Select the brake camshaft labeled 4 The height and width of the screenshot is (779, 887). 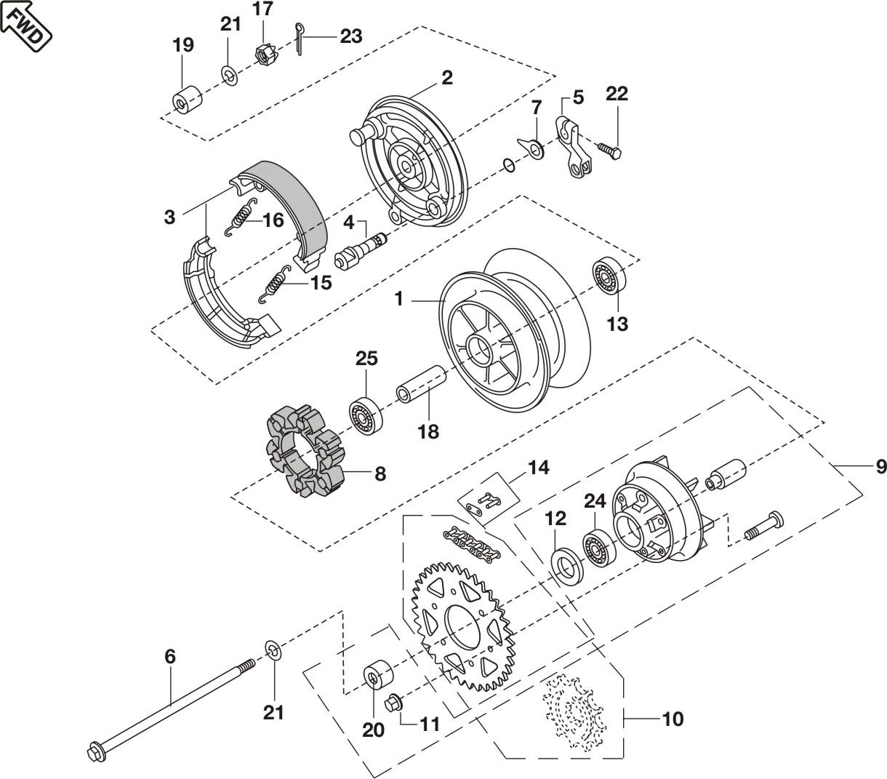[363, 247]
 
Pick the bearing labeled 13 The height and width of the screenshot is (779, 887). [607, 276]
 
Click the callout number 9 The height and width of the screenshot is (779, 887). [880, 466]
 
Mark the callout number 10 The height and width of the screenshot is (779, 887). [673, 719]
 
